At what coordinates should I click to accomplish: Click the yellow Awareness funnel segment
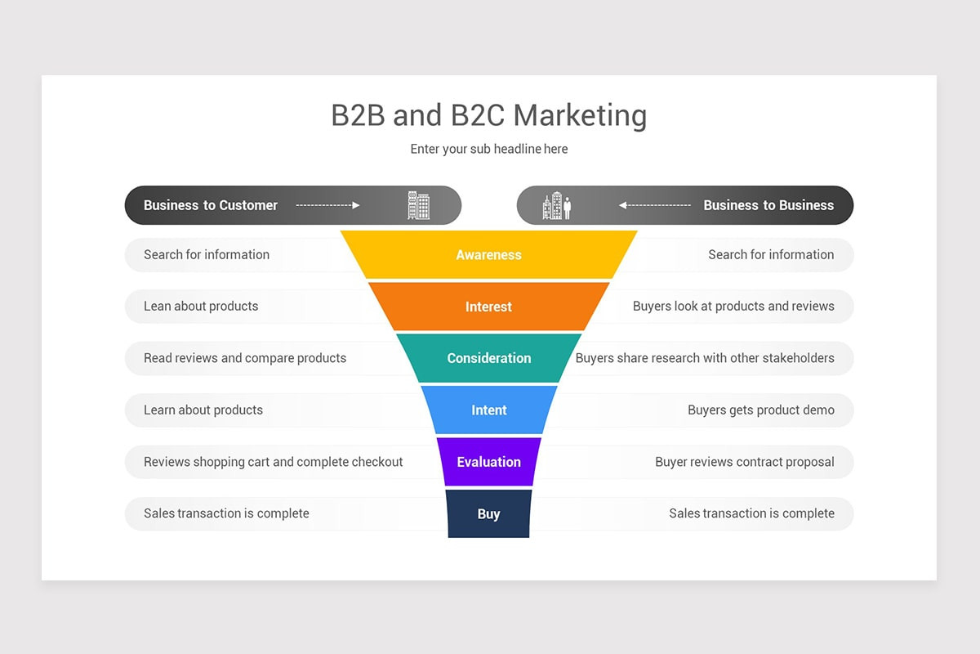click(488, 255)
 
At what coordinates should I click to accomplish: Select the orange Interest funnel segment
click(488, 307)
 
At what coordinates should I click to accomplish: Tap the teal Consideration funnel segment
click(488, 358)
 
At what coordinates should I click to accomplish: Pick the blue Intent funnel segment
click(488, 410)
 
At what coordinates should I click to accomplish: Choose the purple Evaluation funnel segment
click(488, 462)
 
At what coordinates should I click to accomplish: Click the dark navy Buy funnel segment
click(488, 513)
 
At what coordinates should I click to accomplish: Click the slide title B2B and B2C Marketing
click(488, 115)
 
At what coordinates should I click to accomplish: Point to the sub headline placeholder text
click(488, 149)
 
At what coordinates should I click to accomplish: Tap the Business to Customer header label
click(211, 205)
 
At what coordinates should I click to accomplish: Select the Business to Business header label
click(768, 205)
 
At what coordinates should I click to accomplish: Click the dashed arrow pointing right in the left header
click(327, 205)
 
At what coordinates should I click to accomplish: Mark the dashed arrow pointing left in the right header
click(655, 205)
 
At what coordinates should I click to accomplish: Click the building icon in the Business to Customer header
click(419, 205)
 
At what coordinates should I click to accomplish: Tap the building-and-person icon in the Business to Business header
click(557, 206)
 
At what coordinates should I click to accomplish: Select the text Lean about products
click(201, 307)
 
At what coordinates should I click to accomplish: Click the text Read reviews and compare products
click(245, 358)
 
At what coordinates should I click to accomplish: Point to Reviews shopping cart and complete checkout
click(274, 462)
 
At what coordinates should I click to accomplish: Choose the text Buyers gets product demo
click(761, 410)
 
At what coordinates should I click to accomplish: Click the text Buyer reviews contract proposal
click(745, 462)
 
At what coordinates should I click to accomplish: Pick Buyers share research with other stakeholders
click(705, 358)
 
